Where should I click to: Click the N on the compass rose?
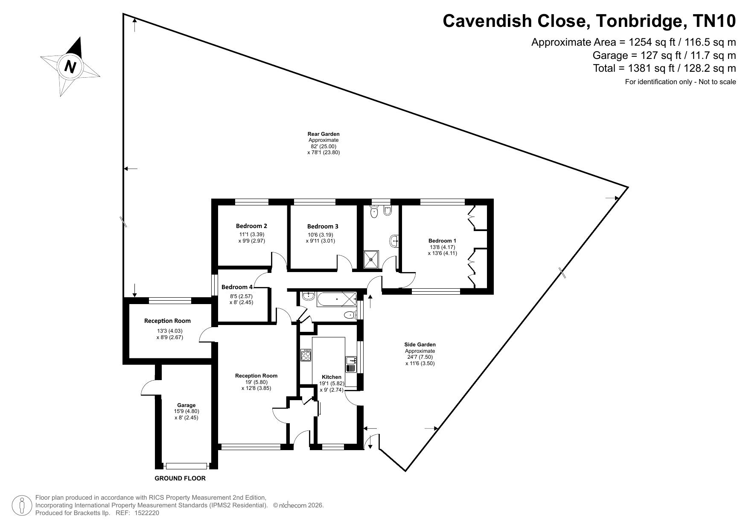[70, 67]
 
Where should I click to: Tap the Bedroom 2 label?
[251, 226]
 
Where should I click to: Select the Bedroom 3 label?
[323, 226]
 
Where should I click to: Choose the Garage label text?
[187, 405]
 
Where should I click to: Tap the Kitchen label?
[332, 377]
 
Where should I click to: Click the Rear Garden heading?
[323, 134]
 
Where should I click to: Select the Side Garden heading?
[420, 345]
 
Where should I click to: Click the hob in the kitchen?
[306, 355]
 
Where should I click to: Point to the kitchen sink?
[351, 364]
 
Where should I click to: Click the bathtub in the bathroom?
[337, 299]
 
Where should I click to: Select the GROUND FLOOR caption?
[180, 478]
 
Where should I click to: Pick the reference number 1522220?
[147, 513]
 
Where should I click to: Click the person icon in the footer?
[21, 506]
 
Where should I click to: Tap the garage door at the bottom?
[187, 466]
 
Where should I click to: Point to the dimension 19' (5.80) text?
[256, 382]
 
